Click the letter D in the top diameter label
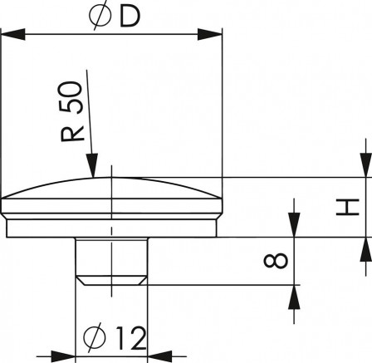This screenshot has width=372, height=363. point(130,17)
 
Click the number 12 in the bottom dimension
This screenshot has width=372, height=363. point(130,338)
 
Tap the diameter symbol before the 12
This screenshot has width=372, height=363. point(94,338)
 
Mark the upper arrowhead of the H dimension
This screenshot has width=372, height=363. point(364,165)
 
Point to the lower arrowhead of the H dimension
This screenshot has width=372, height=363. point(364,248)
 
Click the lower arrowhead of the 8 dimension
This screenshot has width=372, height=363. point(293,296)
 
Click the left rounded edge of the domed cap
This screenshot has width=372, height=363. point(8,199)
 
